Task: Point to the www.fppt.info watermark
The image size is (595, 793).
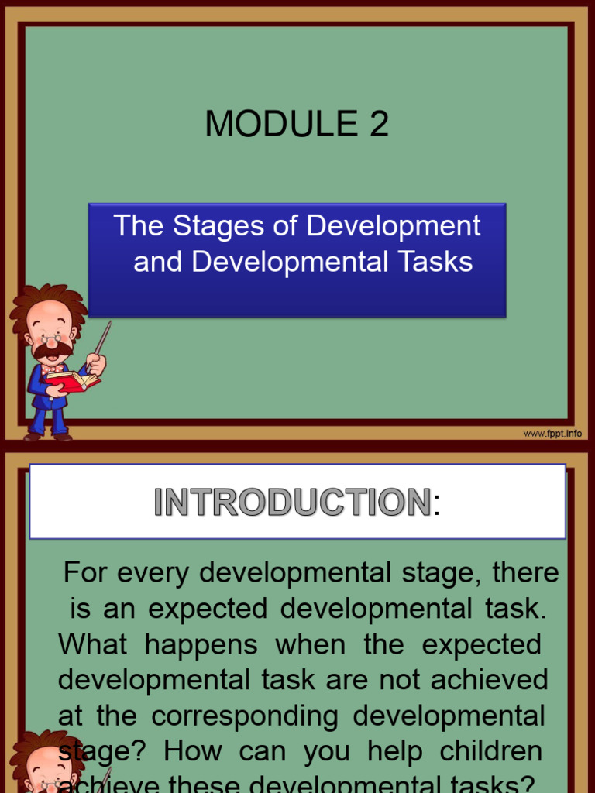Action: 552,434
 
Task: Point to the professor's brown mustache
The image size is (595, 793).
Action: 52,351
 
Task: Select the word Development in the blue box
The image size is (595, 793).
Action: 393,226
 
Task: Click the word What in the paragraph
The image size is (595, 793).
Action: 91,644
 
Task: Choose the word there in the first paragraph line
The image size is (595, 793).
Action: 525,573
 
